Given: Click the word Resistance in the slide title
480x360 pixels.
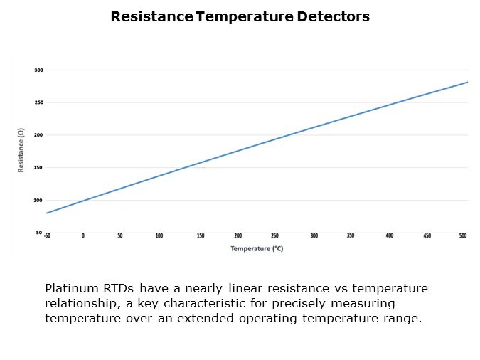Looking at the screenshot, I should click(151, 16).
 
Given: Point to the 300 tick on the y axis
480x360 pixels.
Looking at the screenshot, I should click(38, 70).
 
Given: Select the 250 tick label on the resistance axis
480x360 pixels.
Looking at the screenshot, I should click(38, 102).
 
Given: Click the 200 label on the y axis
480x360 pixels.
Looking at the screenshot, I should click(38, 135).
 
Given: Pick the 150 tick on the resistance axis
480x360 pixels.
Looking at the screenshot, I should click(38, 168).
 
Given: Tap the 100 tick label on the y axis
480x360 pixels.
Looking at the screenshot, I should click(38, 200).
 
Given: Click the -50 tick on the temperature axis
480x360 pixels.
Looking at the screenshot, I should click(47, 235).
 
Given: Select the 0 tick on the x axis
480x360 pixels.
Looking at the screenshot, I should click(82, 235).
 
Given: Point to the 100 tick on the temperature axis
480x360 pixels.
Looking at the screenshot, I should click(159, 235).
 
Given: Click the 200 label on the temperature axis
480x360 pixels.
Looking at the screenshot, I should click(238, 235).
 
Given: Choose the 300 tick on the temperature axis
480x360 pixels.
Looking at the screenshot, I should click(314, 235).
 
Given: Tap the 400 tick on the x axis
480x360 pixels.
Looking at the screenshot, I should click(389, 235).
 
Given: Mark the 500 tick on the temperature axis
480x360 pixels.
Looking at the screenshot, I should click(464, 235).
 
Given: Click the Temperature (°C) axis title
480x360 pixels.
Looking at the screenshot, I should click(257, 248).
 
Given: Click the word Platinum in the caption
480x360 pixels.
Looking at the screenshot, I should click(70, 288).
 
